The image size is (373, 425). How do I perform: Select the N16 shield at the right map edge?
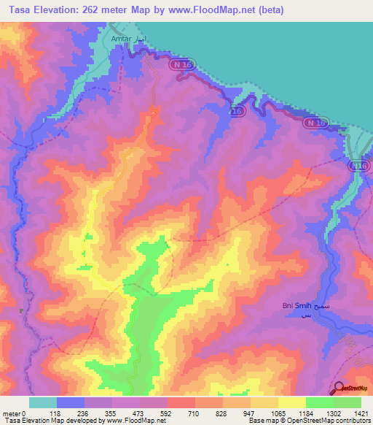pyautogui.click(x=357, y=167)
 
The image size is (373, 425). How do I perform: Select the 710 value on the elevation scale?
pyautogui.click(x=181, y=413)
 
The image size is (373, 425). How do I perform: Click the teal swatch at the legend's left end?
pyautogui.click(x=42, y=402)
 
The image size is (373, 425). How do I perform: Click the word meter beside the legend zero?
pyautogui.click(x=12, y=413)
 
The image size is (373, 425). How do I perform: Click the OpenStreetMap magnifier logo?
pyautogui.click(x=340, y=388)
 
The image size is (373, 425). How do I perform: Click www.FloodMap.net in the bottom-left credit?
pyautogui.click(x=136, y=421)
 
